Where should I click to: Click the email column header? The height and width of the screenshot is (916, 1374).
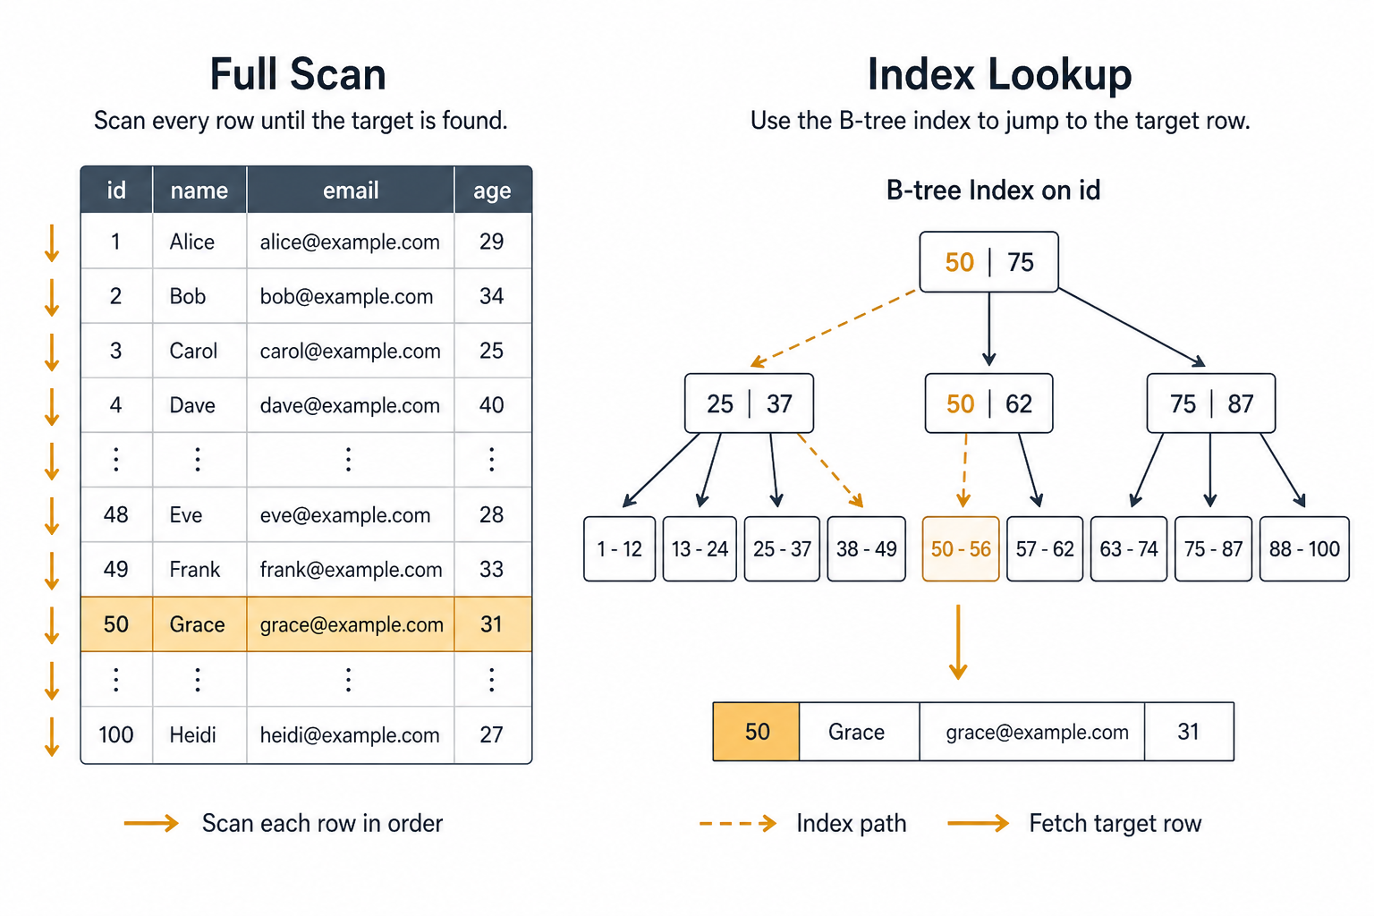pyautogui.click(x=351, y=191)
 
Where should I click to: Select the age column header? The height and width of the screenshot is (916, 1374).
pyautogui.click(x=493, y=191)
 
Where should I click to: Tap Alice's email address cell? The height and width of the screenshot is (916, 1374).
pyautogui.click(x=351, y=242)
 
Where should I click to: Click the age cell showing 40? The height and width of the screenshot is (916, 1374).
pyautogui.click(x=493, y=405)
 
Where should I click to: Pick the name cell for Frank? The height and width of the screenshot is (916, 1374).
pyautogui.click(x=199, y=569)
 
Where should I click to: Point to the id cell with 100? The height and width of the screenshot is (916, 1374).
pyautogui.click(x=116, y=734)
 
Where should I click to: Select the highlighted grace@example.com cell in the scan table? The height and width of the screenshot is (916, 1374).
pyautogui.click(x=351, y=624)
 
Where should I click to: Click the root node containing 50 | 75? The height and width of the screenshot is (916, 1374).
pyautogui.click(x=988, y=262)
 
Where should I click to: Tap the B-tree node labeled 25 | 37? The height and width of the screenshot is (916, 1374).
pyautogui.click(x=749, y=403)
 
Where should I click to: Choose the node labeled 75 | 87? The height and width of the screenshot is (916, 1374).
pyautogui.click(x=1211, y=403)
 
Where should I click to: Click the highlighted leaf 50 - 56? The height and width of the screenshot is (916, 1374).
pyautogui.click(x=961, y=548)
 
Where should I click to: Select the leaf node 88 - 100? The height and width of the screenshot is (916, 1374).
pyautogui.click(x=1304, y=548)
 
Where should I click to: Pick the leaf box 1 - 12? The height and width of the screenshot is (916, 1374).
pyautogui.click(x=620, y=548)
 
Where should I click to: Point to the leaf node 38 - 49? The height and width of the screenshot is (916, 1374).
pyautogui.click(x=866, y=548)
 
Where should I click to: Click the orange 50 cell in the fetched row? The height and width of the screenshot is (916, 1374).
pyautogui.click(x=756, y=732)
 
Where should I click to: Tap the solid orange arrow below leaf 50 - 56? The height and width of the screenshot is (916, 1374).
pyautogui.click(x=958, y=641)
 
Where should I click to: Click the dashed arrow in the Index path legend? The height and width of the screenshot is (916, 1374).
pyautogui.click(x=738, y=823)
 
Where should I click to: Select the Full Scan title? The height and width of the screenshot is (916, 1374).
pyautogui.click(x=298, y=74)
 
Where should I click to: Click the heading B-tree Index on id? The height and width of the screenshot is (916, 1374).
pyautogui.click(x=993, y=191)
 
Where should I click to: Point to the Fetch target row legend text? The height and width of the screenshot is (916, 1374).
pyautogui.click(x=1115, y=823)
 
